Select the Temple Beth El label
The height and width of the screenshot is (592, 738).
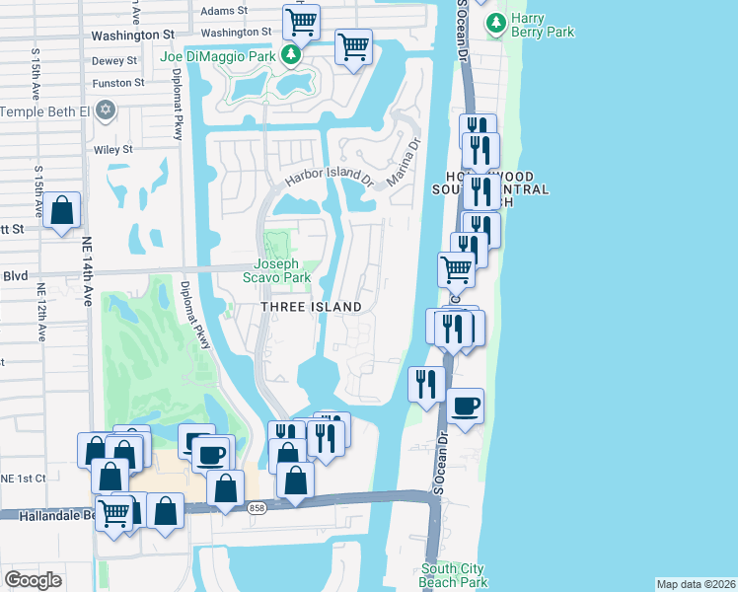click(x=44, y=111)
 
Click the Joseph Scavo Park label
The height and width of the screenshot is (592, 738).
click(x=282, y=270)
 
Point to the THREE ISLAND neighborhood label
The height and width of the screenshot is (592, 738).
click(x=311, y=307)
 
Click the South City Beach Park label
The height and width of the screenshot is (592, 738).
click(x=454, y=575)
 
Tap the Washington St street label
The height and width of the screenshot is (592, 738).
click(x=132, y=35)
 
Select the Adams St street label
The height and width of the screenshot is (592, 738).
click(x=223, y=12)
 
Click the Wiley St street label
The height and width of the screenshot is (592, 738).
click(x=113, y=150)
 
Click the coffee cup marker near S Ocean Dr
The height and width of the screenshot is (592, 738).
click(x=465, y=405)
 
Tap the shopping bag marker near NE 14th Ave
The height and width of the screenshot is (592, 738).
click(x=61, y=210)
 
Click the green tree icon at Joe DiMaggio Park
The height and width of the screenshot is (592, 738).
click(x=291, y=55)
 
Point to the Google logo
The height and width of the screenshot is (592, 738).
click(x=34, y=580)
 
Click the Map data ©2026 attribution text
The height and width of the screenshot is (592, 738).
click(x=696, y=584)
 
